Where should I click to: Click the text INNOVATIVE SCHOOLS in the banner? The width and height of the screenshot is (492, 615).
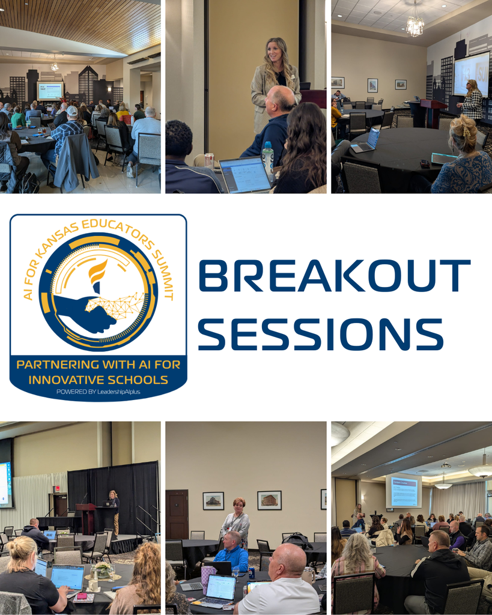(98, 380)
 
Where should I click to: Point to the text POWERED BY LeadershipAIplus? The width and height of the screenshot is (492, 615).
(98, 392)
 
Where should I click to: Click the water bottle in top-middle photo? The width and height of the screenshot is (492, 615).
(267, 158)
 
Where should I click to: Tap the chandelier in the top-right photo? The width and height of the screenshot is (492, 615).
(415, 25)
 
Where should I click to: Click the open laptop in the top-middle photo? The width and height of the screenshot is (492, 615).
(246, 174)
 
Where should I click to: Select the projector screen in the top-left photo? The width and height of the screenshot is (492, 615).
(50, 91)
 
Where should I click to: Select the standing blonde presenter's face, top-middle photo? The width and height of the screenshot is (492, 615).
(275, 53)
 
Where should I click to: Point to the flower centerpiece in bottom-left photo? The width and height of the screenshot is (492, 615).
(102, 568)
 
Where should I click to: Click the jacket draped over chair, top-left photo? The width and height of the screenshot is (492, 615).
(77, 162)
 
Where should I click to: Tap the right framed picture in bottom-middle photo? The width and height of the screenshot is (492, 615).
(269, 500)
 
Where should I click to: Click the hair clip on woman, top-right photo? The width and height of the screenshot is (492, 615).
(464, 126)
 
